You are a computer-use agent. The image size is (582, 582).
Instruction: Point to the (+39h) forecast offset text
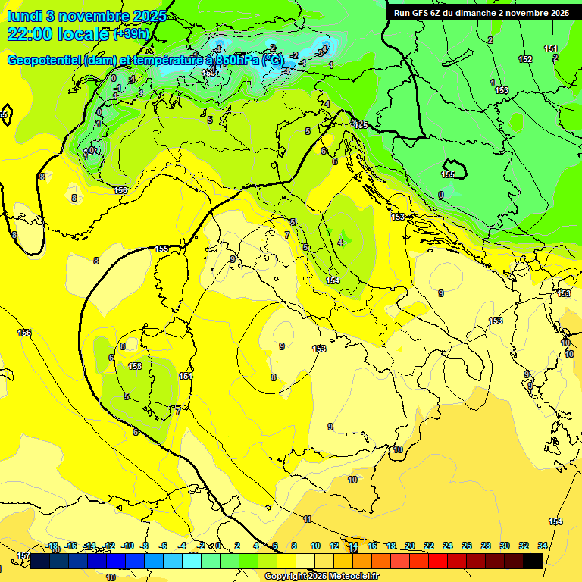(130, 34)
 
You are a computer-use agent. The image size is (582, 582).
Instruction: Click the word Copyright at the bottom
(286, 577)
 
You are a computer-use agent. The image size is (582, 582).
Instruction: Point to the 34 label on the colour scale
(543, 546)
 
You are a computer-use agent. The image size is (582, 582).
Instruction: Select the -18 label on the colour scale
(52, 546)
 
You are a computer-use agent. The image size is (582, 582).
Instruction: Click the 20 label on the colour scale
(410, 546)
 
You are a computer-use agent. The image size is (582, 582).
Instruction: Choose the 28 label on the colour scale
(486, 546)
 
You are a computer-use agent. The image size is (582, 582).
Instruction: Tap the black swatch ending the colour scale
(533, 562)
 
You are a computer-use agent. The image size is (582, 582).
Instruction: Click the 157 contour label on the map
(23, 556)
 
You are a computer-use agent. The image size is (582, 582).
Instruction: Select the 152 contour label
(524, 59)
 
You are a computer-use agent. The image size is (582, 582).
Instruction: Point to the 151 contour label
(551, 48)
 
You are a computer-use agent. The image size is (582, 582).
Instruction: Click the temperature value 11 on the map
(307, 519)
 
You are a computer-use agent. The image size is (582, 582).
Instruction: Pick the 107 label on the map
(91, 152)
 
